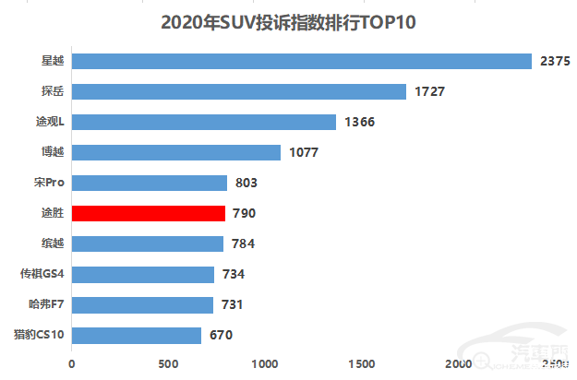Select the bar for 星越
pyautogui.click(x=301, y=62)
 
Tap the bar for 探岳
pyautogui.click(x=238, y=92)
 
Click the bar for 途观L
pyautogui.click(x=203, y=123)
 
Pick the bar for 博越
pyautogui.click(x=175, y=152)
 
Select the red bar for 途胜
pyautogui.click(x=148, y=214)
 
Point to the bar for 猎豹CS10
pyautogui.click(x=136, y=336)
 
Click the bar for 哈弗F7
pyautogui.click(x=142, y=305)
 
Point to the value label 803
pyautogui.click(x=247, y=184)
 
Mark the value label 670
pyautogui.click(x=221, y=336)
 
